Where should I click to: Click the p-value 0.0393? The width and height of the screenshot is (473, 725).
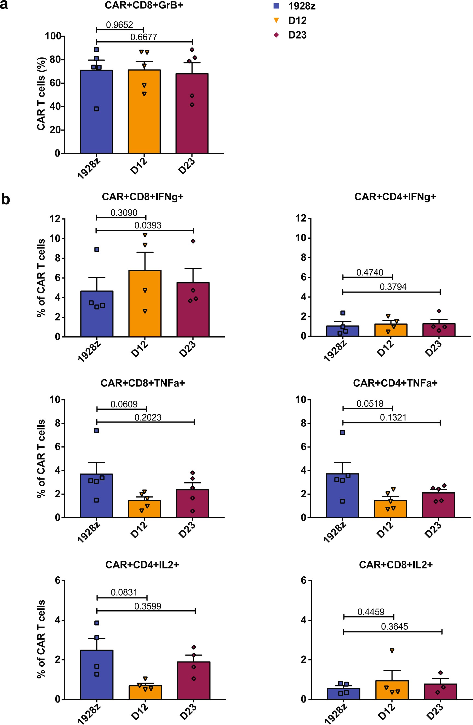tap(148, 225)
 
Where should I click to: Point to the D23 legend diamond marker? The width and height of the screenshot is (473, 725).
tap(276, 35)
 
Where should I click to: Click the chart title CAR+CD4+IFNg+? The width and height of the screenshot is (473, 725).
tap(395, 197)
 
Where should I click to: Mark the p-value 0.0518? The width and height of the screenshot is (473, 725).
tap(370, 404)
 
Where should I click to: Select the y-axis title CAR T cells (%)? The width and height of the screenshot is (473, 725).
tap(41, 94)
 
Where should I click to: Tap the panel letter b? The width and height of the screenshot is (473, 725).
tap(5, 200)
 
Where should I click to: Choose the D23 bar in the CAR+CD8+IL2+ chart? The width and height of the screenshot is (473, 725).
tap(440, 692)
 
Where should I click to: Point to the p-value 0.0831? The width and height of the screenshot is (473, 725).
tap(124, 593)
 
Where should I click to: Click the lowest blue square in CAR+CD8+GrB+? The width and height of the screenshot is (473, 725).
tap(96, 109)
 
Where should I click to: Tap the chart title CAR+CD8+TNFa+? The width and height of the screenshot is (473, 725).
tap(143, 383)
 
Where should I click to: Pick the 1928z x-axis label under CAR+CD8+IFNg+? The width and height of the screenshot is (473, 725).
tap(89, 352)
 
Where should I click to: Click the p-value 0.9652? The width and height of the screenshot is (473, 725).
tap(119, 25)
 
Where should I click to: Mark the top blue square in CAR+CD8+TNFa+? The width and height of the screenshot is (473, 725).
tap(96, 431)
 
